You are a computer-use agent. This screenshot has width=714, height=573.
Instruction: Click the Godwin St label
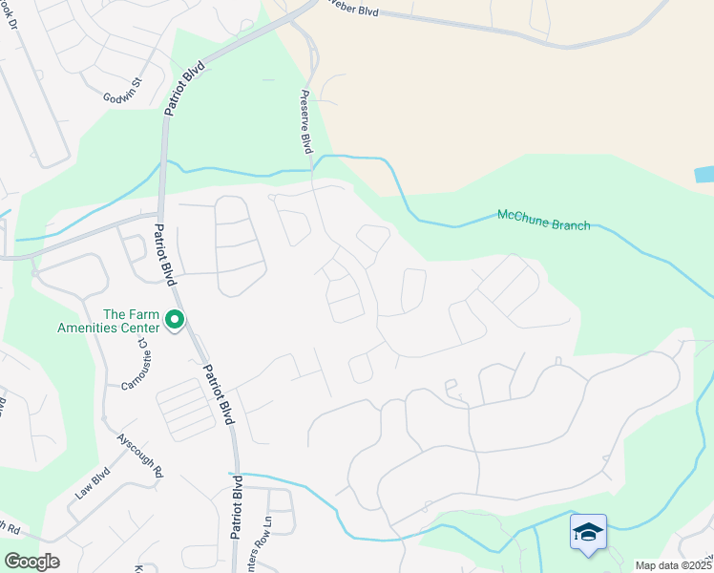[x=123, y=91]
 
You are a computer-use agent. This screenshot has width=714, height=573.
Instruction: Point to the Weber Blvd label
[x=354, y=11]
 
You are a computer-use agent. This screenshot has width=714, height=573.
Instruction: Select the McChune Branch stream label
[x=543, y=220]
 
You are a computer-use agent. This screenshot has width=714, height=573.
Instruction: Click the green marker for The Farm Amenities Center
[x=174, y=320]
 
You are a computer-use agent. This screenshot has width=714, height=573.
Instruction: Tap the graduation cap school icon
[x=587, y=532]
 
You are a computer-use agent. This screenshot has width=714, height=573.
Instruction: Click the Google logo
[x=31, y=562]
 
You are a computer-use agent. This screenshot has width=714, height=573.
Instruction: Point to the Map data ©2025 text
[x=673, y=565]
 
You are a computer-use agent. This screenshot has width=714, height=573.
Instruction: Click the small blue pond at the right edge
[x=704, y=175]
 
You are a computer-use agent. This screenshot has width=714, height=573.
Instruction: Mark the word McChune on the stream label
[x=520, y=216]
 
